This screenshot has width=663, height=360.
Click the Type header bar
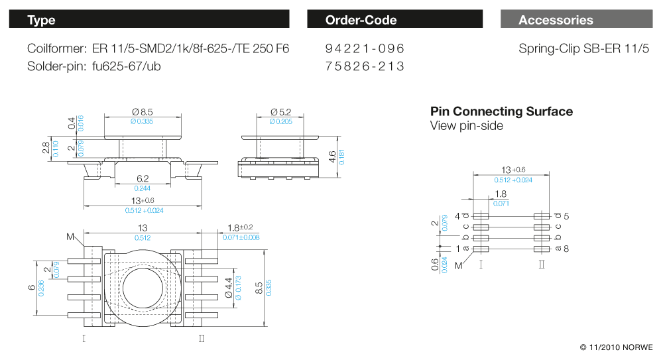click(x=149, y=19)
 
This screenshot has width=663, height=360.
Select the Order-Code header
click(x=394, y=19)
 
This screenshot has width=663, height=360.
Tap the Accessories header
click(x=575, y=19)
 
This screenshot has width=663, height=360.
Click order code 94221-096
click(x=365, y=49)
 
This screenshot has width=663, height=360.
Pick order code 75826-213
click(x=365, y=66)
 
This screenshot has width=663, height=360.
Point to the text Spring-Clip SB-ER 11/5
click(x=584, y=49)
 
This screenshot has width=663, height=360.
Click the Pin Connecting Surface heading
click(x=501, y=111)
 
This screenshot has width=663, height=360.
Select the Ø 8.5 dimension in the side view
click(x=143, y=112)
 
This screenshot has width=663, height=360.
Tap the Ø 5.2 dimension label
click(x=280, y=112)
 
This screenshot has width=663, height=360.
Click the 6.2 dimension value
click(x=143, y=179)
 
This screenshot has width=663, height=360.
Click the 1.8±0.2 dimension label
click(x=239, y=227)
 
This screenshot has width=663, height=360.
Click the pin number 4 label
click(x=457, y=216)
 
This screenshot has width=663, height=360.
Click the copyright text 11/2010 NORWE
click(x=616, y=347)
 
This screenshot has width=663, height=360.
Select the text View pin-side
click(x=467, y=126)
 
